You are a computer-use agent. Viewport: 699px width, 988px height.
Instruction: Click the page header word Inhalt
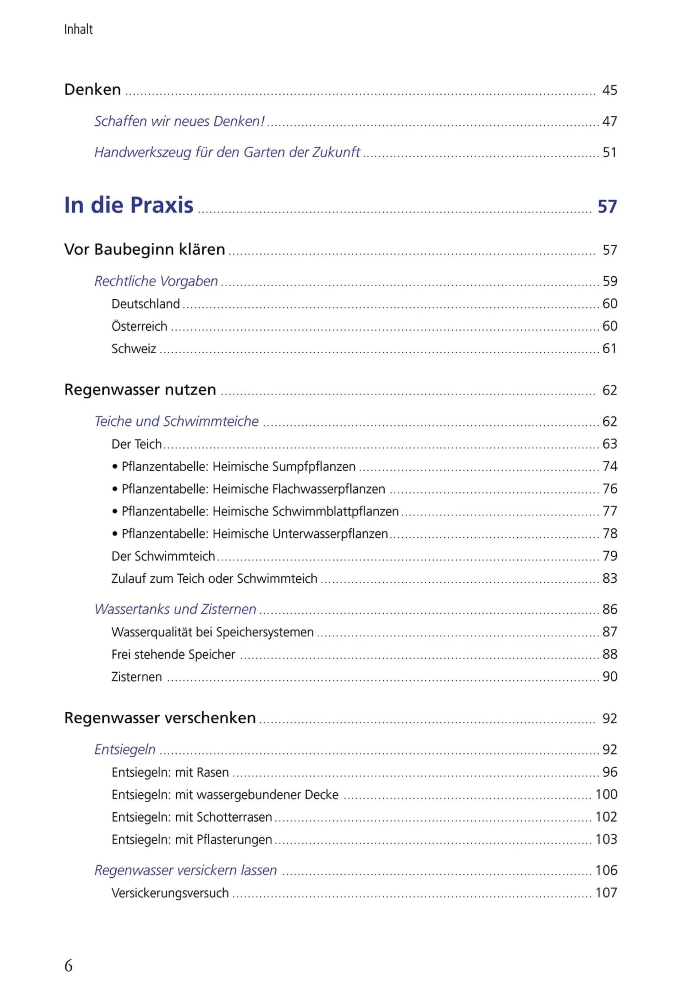[78, 29]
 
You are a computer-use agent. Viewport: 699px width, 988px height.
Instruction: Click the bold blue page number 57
[607, 207]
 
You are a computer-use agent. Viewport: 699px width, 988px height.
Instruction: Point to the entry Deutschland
[145, 304]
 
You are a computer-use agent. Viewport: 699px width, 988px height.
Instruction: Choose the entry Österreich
[139, 326]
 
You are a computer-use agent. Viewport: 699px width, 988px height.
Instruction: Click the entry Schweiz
[133, 349]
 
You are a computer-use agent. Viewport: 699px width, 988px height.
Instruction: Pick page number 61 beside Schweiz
[610, 348]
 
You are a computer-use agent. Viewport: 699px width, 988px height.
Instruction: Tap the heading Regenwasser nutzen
[140, 389]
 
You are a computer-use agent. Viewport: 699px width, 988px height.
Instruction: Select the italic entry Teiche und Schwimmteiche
[177, 421]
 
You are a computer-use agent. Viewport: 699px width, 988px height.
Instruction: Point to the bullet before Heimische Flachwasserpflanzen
[115, 489]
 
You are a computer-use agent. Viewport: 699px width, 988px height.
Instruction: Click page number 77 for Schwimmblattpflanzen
[610, 511]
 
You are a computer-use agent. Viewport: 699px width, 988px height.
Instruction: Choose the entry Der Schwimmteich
[163, 556]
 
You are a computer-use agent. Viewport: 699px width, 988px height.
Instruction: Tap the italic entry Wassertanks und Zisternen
[175, 609]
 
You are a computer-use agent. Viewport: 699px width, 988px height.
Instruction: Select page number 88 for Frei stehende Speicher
[610, 654]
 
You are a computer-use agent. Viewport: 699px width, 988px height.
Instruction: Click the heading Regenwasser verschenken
[160, 718]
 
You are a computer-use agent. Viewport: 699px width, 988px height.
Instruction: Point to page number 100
[606, 794]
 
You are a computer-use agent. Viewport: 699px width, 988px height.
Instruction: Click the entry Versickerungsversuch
[170, 893]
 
